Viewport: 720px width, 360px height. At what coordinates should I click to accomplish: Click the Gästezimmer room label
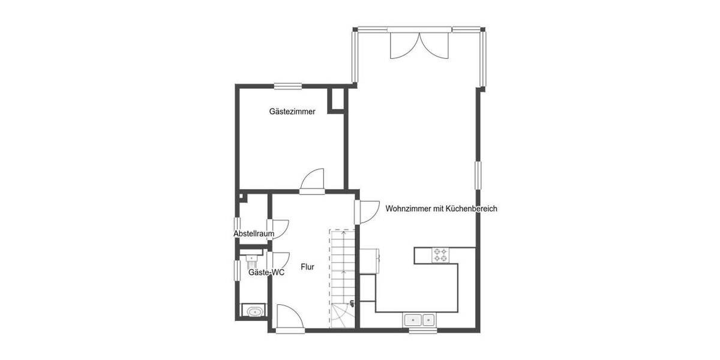click(292, 112)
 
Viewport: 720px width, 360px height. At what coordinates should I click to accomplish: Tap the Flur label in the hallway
click(307, 267)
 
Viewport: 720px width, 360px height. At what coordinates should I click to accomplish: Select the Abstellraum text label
click(254, 233)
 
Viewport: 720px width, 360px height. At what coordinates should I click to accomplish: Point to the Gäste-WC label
click(266, 272)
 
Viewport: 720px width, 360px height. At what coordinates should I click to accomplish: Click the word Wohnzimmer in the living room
click(407, 209)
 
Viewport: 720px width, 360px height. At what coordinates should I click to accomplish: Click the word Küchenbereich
click(471, 209)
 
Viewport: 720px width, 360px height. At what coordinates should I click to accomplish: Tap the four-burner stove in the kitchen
click(440, 254)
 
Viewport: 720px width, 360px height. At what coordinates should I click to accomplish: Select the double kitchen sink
click(420, 320)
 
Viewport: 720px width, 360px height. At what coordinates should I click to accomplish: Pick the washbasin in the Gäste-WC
click(251, 259)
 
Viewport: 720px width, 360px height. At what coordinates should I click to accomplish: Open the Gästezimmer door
click(313, 182)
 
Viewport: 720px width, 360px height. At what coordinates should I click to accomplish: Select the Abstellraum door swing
click(280, 229)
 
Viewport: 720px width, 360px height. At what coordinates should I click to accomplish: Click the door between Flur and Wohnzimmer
click(364, 212)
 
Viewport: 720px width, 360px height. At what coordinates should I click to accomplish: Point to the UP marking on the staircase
click(352, 303)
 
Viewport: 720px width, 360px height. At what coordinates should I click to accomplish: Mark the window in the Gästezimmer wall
click(287, 85)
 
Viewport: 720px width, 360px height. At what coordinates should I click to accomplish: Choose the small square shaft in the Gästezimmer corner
click(337, 100)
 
